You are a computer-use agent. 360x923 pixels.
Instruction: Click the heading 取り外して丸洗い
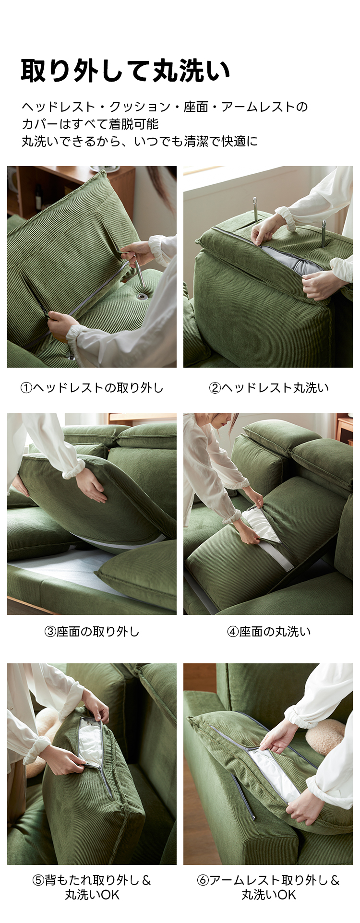[126, 71]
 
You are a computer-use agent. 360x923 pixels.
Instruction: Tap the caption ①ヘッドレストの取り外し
[92, 387]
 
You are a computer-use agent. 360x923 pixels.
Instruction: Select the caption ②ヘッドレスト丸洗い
[269, 387]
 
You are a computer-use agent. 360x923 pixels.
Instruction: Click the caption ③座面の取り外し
[92, 631]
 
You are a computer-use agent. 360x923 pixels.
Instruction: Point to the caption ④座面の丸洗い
[269, 631]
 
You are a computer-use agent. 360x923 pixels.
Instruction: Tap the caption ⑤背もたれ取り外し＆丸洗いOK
[92, 887]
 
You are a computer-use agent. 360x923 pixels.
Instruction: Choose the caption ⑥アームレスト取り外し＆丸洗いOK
[269, 887]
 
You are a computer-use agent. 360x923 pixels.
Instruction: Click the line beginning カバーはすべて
[90, 124]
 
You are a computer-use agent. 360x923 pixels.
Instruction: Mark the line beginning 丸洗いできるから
[140, 141]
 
